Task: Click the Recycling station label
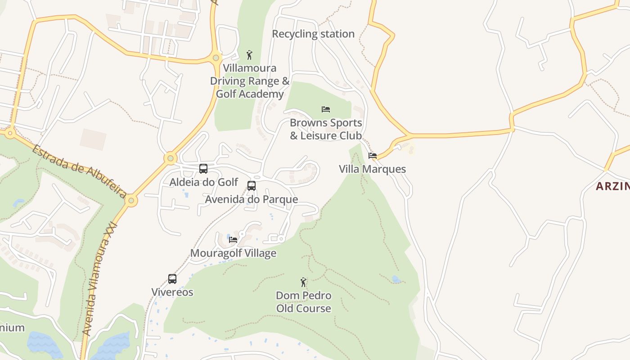313,34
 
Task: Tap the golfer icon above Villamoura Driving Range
249,55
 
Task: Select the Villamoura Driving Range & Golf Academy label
250,81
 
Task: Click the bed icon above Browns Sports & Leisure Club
326,109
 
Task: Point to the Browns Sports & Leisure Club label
326,129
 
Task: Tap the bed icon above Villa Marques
373,156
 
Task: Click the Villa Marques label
372,169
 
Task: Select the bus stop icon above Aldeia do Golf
203,169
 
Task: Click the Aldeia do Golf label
203,182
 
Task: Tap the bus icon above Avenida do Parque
252,185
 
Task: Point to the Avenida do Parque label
252,199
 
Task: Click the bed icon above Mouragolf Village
233,239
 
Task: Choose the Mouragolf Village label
233,253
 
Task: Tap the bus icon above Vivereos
172,279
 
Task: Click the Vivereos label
172,292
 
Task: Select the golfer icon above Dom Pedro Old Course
304,282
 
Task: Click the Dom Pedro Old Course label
304,302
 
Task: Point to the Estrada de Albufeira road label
79,171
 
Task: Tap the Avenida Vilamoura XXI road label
100,279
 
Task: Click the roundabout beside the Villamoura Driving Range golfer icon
216,58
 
